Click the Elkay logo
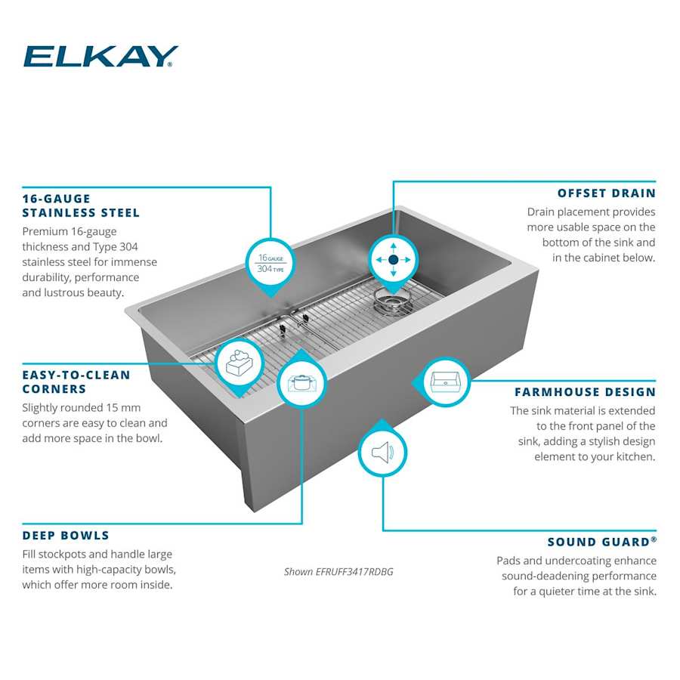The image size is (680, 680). (100, 57)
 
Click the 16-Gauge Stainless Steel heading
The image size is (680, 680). (81, 206)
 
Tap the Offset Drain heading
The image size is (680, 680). (606, 193)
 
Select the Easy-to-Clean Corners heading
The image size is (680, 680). (76, 382)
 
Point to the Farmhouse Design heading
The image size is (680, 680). (585, 392)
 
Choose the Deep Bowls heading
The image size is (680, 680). (66, 536)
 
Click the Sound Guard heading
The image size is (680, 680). (601, 542)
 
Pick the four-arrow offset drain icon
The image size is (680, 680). (392, 259)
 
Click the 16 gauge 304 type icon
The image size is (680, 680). (270, 263)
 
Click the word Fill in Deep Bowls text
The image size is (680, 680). (32, 555)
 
